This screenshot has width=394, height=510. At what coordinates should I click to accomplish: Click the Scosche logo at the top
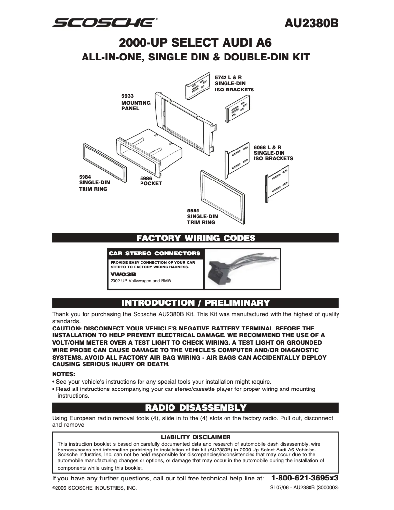(x=105, y=22)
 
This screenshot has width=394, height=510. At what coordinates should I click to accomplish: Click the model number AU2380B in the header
(x=312, y=23)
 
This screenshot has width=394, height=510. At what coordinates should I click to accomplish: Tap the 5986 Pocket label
(x=150, y=180)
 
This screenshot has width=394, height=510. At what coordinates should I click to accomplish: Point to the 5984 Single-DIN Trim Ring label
(x=94, y=182)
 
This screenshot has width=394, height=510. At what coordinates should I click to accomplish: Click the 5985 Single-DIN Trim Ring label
(x=202, y=216)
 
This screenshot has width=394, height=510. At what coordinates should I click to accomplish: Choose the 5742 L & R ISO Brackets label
(x=234, y=84)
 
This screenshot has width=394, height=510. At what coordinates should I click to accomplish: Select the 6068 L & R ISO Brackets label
(x=273, y=152)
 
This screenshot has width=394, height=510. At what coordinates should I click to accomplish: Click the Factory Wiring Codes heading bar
(x=196, y=238)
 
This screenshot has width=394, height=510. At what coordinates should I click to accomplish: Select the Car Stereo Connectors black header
(x=155, y=253)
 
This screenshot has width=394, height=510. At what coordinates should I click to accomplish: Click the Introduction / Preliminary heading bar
(x=196, y=302)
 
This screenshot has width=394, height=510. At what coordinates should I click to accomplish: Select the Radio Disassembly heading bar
(x=196, y=407)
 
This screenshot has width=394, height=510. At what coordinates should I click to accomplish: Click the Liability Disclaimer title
(x=196, y=436)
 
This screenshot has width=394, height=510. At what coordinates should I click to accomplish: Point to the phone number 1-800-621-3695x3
(x=305, y=478)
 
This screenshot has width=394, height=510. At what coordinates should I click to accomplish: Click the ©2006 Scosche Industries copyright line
(x=94, y=488)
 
